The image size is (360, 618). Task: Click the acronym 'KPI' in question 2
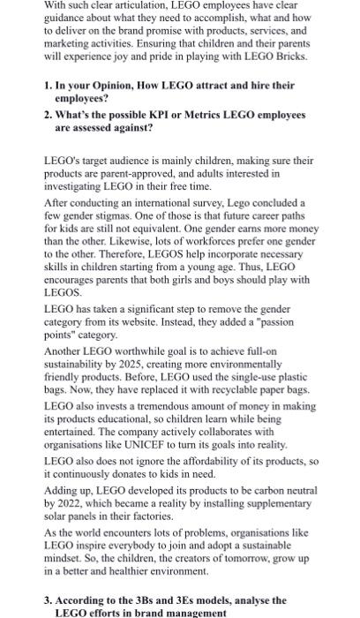click(x=154, y=116)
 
